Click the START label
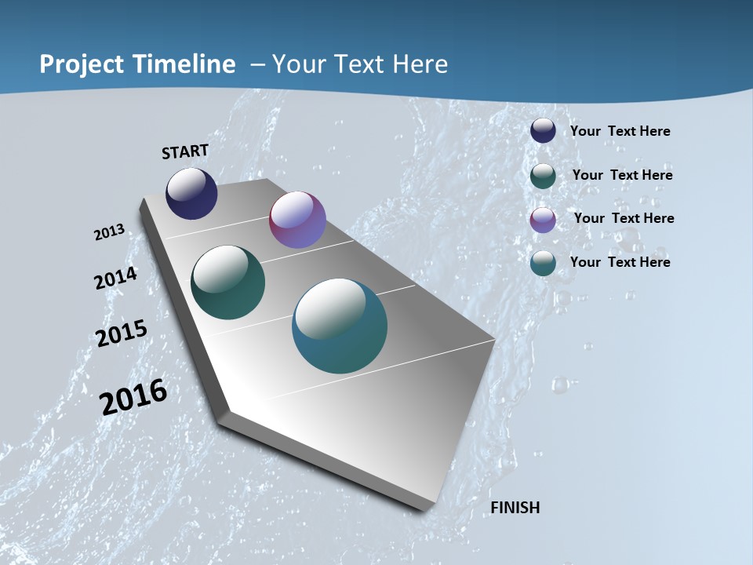(185, 151)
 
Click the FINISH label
(515, 508)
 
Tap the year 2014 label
(116, 278)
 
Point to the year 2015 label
(122, 333)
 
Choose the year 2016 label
(133, 397)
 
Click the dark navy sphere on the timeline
(191, 193)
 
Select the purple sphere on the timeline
(297, 220)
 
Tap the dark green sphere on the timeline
(227, 282)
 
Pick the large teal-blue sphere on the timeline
(340, 326)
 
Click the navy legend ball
(543, 130)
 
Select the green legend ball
(543, 176)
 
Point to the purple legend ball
(543, 220)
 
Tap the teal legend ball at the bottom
(543, 263)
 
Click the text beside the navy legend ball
(620, 131)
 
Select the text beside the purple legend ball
(624, 218)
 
